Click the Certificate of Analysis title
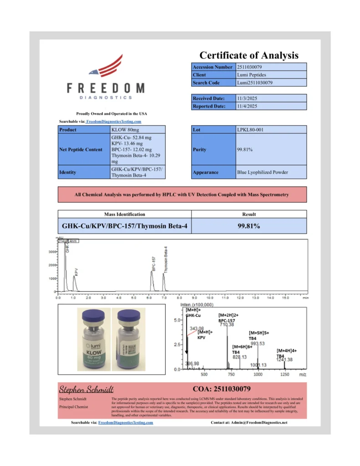click(x=249, y=56)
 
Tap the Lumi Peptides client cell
click(x=252, y=75)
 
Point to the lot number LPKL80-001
click(x=250, y=130)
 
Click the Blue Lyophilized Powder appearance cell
click(x=263, y=172)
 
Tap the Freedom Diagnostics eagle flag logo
click(x=106, y=66)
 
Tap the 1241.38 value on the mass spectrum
click(x=284, y=360)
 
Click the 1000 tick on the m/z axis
click(x=258, y=375)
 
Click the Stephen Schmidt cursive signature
click(x=86, y=389)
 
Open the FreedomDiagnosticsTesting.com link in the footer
click(x=126, y=423)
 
